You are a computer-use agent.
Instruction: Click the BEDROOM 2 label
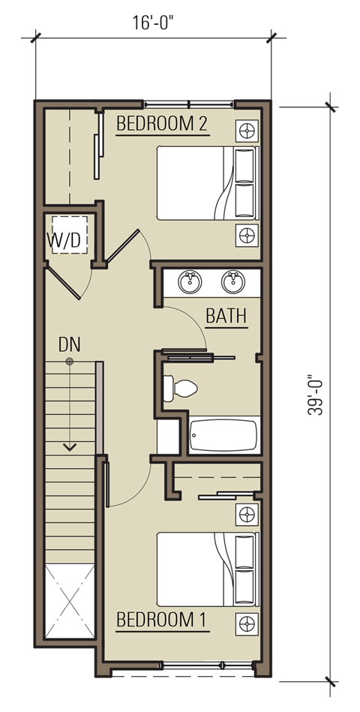click(x=161, y=124)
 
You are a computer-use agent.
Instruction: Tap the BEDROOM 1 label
click(x=161, y=620)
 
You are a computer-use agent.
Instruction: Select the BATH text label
click(x=226, y=316)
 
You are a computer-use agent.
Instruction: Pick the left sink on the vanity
click(x=190, y=282)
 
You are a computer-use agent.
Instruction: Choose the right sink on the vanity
click(x=233, y=282)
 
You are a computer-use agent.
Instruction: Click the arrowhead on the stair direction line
click(x=70, y=447)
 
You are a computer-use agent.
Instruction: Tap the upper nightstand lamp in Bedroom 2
click(x=246, y=130)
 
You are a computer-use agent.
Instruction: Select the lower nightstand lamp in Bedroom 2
click(x=246, y=235)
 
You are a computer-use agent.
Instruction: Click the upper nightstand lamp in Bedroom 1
click(x=246, y=515)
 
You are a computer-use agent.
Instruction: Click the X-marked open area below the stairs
click(x=70, y=601)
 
